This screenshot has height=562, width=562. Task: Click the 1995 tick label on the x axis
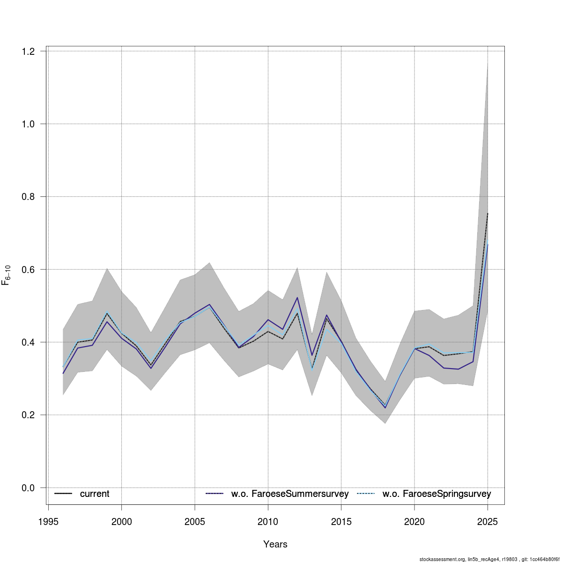[x=48, y=522]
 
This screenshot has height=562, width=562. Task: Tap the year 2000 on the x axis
[x=121, y=522]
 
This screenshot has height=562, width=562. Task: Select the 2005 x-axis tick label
[x=195, y=522]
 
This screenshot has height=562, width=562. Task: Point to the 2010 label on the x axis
[x=268, y=522]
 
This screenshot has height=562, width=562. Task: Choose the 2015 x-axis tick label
[x=341, y=522]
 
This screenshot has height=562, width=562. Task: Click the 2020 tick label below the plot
[x=414, y=522]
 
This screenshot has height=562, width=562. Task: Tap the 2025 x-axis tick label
[x=488, y=522]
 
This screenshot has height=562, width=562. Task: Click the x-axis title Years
[x=275, y=544]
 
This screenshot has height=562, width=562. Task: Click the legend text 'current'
[x=95, y=494]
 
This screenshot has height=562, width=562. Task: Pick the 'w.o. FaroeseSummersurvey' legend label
[x=290, y=494]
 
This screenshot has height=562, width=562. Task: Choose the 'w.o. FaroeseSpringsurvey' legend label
[x=436, y=494]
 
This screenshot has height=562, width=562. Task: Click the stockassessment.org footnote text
[x=489, y=559]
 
